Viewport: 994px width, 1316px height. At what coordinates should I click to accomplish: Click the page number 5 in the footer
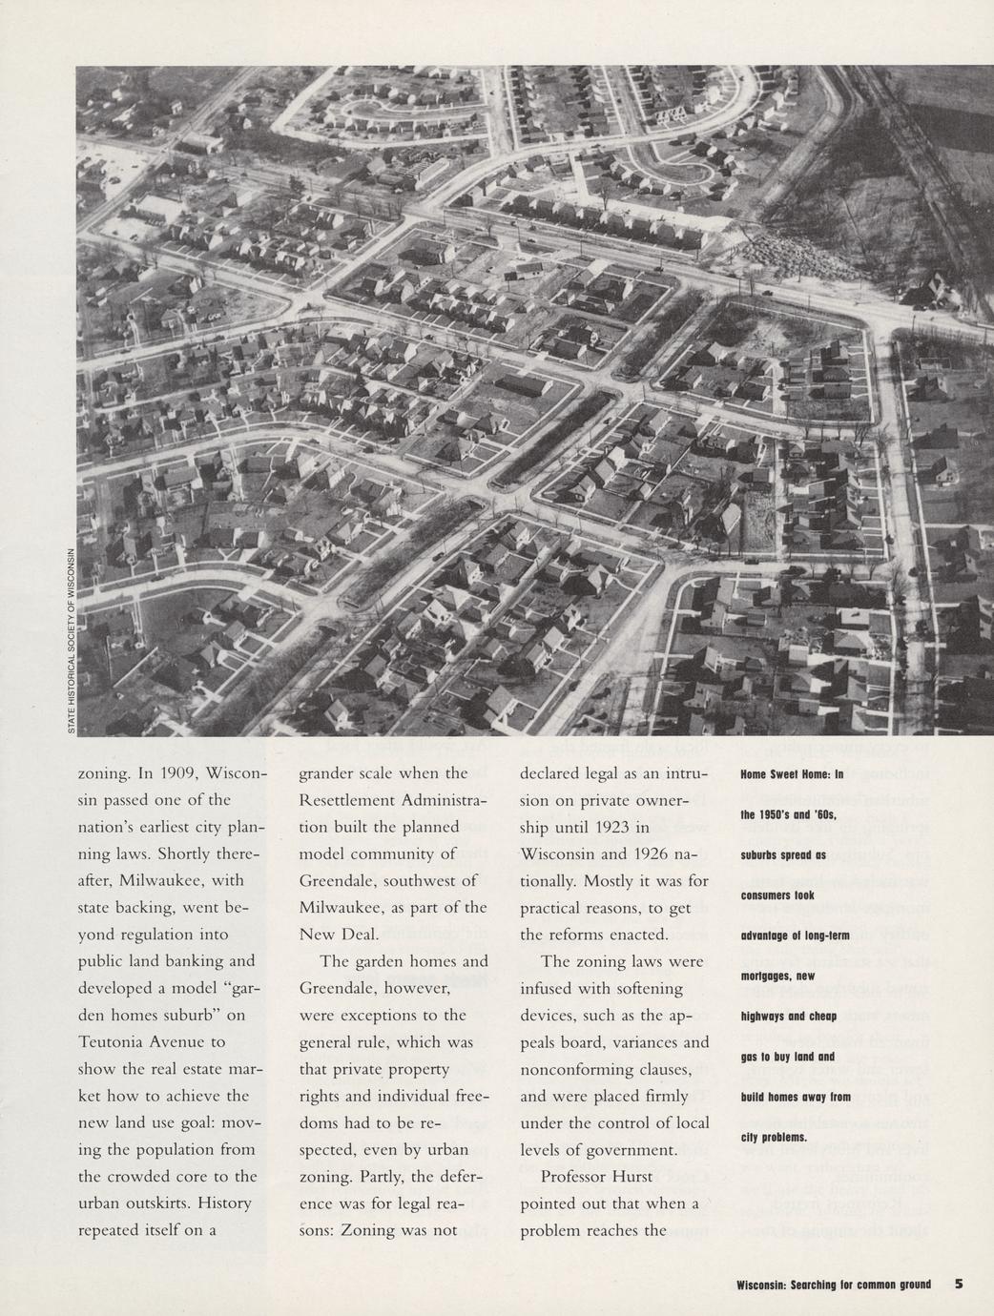pyautogui.click(x=958, y=1284)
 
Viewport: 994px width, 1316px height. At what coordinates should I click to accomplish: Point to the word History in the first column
pyautogui.click(x=225, y=1203)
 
